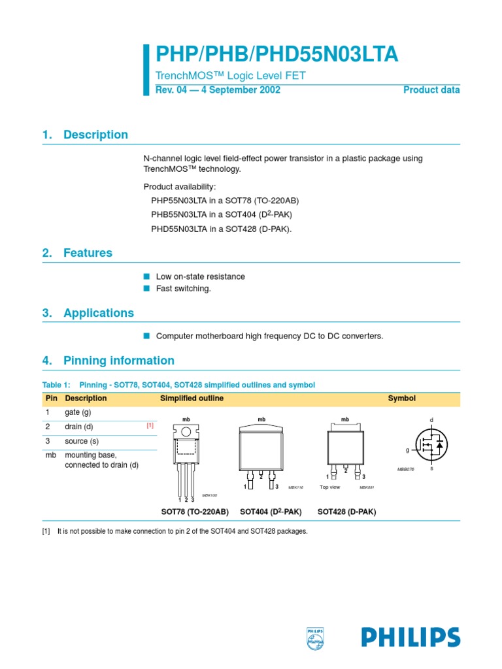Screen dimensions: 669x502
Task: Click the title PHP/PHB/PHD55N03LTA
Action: click(276, 54)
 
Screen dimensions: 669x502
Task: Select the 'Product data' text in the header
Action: click(431, 90)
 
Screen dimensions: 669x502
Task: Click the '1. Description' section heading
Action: click(85, 135)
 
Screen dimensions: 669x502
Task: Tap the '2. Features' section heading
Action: click(77, 253)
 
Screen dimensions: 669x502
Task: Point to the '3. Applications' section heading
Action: click(88, 313)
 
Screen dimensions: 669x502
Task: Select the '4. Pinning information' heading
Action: click(108, 361)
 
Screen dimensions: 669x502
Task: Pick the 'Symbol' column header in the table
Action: click(401, 399)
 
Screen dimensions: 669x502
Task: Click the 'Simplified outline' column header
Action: click(192, 399)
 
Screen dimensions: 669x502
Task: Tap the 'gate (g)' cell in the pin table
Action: click(78, 413)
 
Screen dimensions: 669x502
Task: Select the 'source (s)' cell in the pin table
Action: click(82, 442)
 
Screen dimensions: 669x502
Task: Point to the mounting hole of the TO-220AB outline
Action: click(187, 431)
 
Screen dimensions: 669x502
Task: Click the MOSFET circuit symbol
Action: click(431, 444)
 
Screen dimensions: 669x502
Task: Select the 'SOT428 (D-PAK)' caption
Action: click(346, 512)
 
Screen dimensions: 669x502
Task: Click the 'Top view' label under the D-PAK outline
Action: click(329, 487)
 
